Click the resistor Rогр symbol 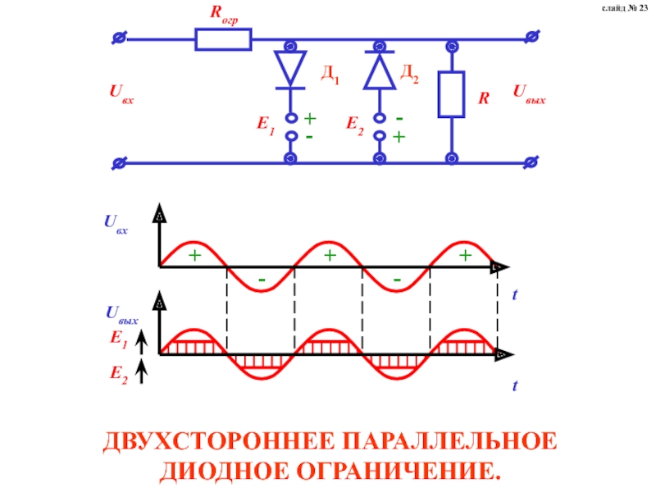[x=223, y=39]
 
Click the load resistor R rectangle [x=451, y=94]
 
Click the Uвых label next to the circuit [x=529, y=94]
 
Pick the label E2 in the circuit [x=355, y=125]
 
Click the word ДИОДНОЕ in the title [x=215, y=471]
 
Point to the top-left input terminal [x=119, y=39]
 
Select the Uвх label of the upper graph [x=115, y=223]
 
